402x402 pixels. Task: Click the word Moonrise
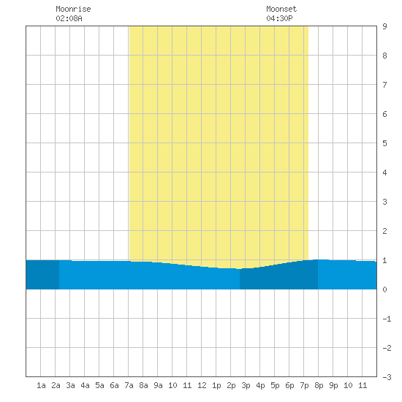[73, 9]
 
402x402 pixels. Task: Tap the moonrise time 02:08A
[69, 18]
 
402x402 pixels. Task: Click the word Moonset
[281, 9]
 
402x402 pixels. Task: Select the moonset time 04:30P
[279, 18]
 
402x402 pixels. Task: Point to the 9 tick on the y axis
[384, 26]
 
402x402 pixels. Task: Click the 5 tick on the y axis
[384, 143]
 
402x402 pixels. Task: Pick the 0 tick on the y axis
[384, 289]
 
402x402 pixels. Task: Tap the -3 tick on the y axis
[387, 377]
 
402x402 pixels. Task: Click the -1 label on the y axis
[387, 319]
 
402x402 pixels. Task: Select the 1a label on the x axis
[41, 385]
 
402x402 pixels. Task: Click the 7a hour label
[129, 385]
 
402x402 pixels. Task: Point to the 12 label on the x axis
[202, 385]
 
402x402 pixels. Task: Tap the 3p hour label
[246, 385]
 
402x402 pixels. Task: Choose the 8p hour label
[319, 385]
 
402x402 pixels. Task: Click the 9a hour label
[158, 385]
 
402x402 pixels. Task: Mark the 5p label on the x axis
[275, 385]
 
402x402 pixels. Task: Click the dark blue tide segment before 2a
[42, 275]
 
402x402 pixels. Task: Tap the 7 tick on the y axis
[384, 85]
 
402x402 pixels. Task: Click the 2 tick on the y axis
[384, 231]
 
